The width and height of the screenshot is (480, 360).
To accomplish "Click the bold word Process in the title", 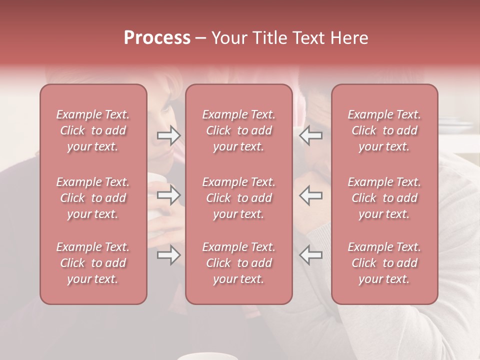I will pos(157,38).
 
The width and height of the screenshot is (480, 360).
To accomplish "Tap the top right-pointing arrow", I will pos(169,135).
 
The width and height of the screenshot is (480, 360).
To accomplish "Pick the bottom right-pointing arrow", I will pos(169,255).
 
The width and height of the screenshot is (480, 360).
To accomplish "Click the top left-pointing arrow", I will pos(310,135).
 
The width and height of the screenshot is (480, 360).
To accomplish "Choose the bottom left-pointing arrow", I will pos(310,255).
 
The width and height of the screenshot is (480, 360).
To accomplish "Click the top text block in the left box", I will pos(93,130).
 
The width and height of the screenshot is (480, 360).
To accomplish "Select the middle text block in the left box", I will pos(93,198).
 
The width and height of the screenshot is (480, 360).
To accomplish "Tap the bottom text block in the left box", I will pos(93,263).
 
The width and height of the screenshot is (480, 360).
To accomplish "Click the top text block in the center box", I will pos(239,130).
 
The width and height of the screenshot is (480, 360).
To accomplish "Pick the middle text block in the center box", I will pos(239,198).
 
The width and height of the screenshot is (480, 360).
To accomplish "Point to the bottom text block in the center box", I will pos(239,263).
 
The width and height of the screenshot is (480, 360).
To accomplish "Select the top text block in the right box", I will pos(384,130).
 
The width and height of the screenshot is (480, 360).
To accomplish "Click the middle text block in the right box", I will pos(384,198).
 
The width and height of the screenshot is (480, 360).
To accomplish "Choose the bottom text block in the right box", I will pos(384,263).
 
